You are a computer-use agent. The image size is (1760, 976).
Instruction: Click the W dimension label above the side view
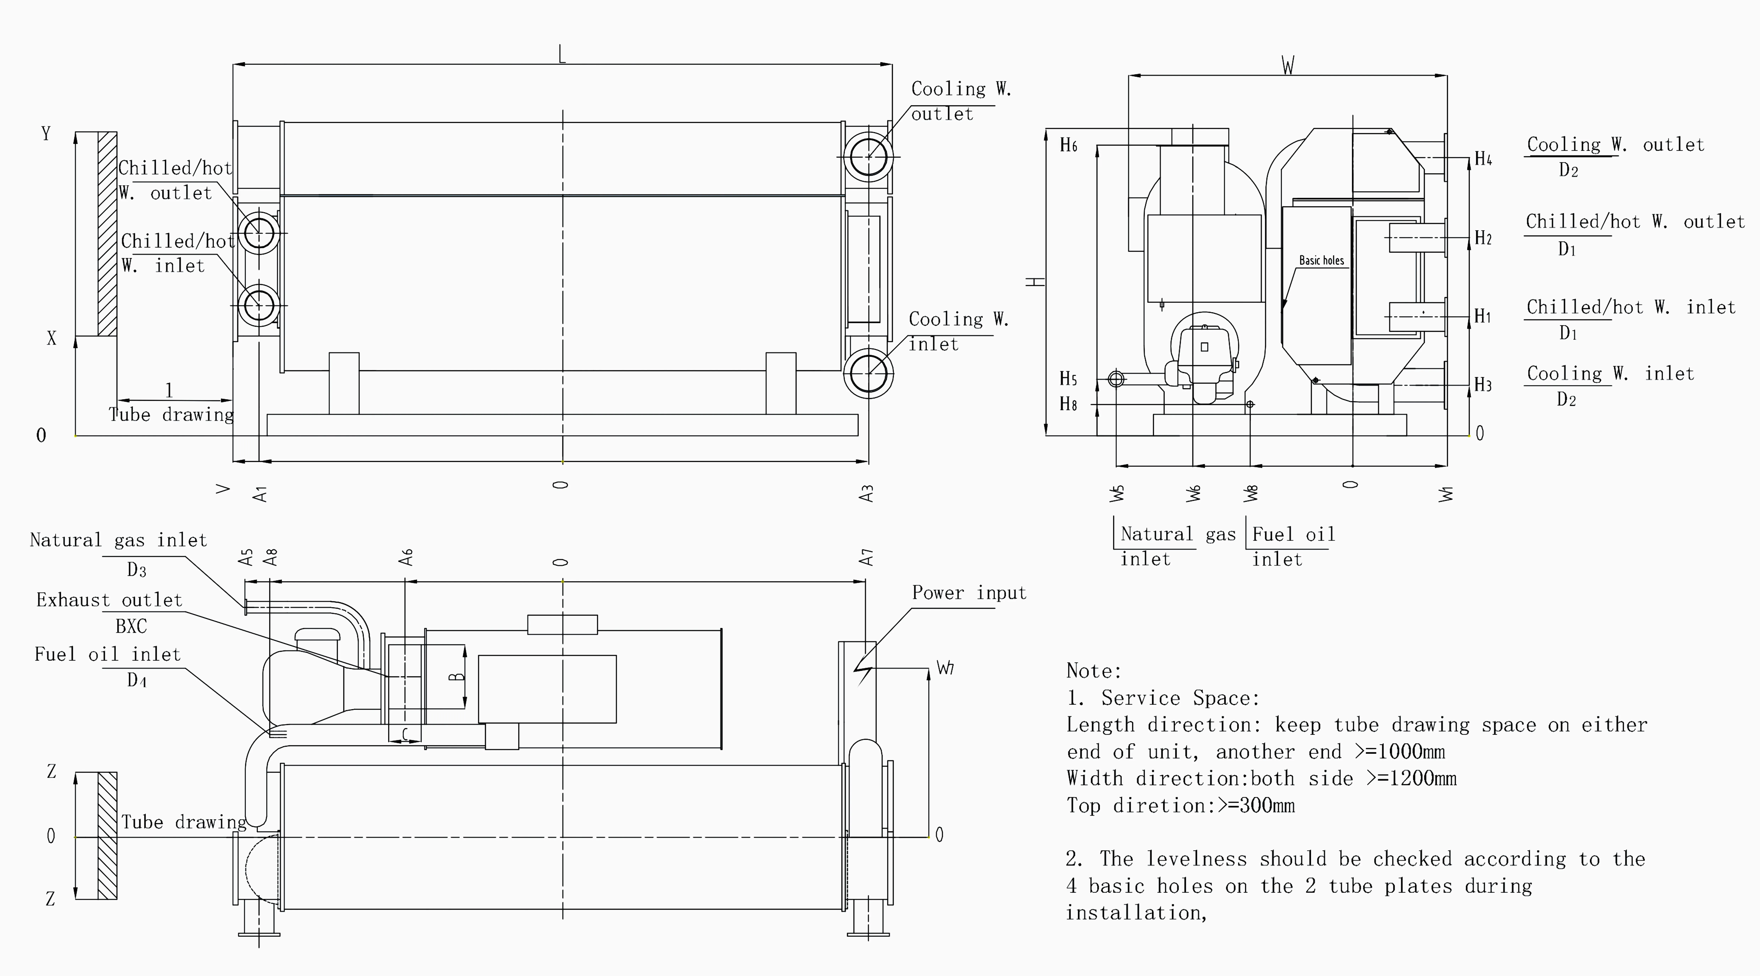(x=1288, y=66)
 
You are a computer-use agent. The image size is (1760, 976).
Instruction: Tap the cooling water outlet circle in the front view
(x=868, y=157)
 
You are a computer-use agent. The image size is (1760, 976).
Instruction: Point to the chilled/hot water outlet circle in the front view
(x=259, y=233)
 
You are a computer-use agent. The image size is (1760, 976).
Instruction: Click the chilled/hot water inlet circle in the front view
(x=259, y=305)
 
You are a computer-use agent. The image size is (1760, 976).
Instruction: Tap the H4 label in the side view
(x=1483, y=159)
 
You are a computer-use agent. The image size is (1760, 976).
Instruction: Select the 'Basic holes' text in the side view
(x=1321, y=260)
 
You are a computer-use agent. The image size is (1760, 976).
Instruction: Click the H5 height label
(x=1068, y=379)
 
